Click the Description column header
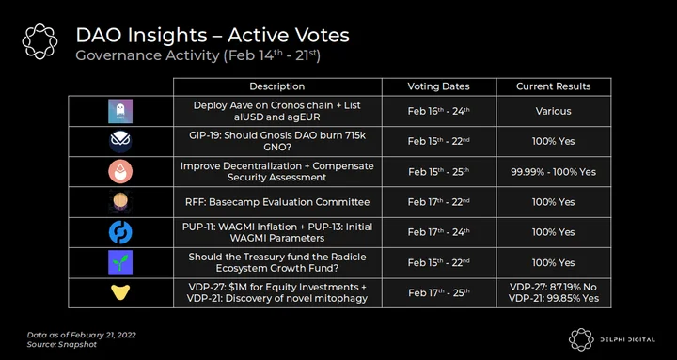pyautogui.click(x=276, y=86)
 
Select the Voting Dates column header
pyautogui.click(x=439, y=86)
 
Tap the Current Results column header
pyautogui.click(x=554, y=86)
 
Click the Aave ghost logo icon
pyautogui.click(x=120, y=111)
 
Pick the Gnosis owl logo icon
pyautogui.click(x=120, y=142)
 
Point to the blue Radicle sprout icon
pyautogui.click(x=120, y=262)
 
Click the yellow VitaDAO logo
pyautogui.click(x=120, y=292)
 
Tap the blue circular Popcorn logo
pyautogui.click(x=120, y=232)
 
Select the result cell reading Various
pyautogui.click(x=554, y=111)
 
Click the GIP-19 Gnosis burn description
pyautogui.click(x=277, y=141)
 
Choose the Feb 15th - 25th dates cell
pyautogui.click(x=439, y=172)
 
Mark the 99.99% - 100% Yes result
pyautogui.click(x=554, y=172)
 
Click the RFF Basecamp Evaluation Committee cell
pyautogui.click(x=277, y=202)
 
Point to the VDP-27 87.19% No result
pyautogui.click(x=554, y=287)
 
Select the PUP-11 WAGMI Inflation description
pyautogui.click(x=277, y=232)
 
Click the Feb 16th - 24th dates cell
pyautogui.click(x=439, y=111)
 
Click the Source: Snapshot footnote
pyautogui.click(x=62, y=344)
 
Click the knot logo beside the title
pyautogui.click(x=39, y=41)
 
